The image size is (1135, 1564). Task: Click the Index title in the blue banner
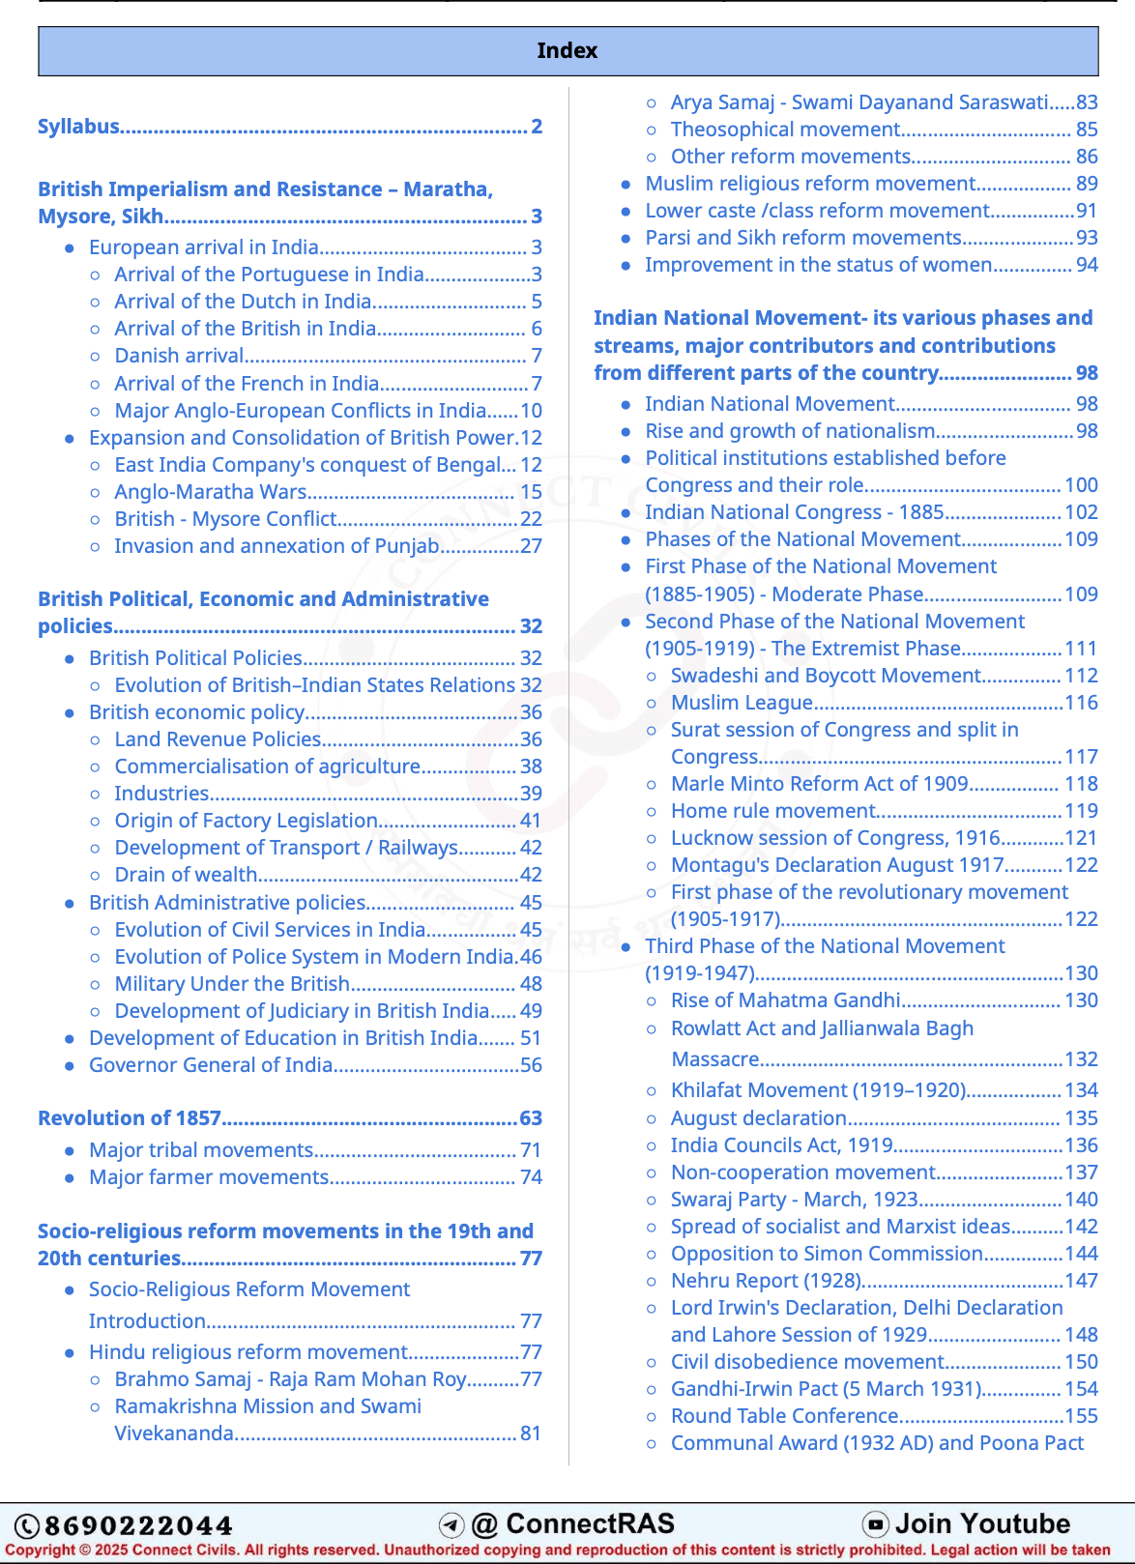tap(567, 50)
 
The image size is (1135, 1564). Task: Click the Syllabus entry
tap(79, 127)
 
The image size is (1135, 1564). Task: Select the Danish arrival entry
tap(179, 356)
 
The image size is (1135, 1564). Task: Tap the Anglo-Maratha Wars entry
tap(211, 492)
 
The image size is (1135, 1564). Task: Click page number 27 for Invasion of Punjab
tap(531, 546)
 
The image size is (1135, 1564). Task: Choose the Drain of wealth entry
tap(186, 875)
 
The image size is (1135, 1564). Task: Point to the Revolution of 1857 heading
tap(130, 1118)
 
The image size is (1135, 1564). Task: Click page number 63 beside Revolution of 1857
tap(531, 1118)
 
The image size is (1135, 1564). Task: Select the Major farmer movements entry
tap(209, 1177)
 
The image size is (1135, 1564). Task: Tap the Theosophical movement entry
tap(785, 130)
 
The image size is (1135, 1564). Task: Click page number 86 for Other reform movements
tap(1087, 157)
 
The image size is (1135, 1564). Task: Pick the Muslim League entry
tap(742, 703)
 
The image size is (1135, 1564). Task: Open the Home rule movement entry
tap(773, 811)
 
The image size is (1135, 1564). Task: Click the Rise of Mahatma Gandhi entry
tap(785, 1000)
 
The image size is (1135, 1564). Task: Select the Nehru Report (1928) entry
tap(766, 1281)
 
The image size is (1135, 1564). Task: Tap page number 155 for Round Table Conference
tap(1081, 1416)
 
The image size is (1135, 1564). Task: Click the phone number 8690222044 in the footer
tap(138, 1526)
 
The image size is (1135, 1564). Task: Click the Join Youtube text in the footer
tap(981, 1524)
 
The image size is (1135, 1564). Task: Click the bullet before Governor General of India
tap(70, 1066)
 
